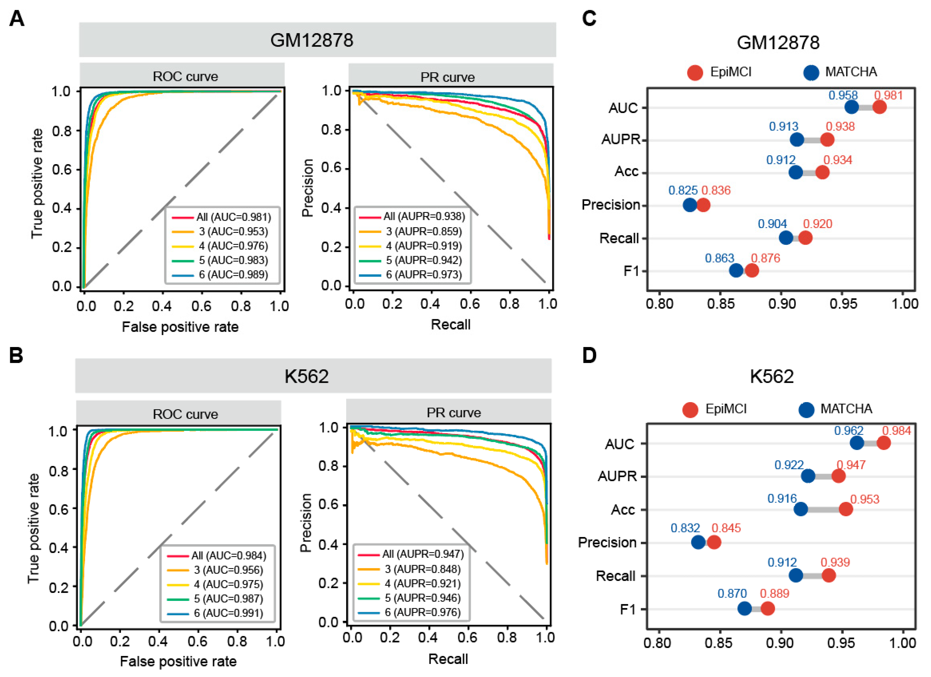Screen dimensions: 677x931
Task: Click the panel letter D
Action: click(x=589, y=356)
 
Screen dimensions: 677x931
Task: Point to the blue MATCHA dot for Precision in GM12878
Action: click(x=690, y=205)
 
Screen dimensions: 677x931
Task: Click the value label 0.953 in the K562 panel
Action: click(x=865, y=499)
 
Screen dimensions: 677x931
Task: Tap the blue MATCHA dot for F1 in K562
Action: click(x=745, y=609)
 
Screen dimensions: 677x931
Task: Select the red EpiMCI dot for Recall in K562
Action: click(x=829, y=576)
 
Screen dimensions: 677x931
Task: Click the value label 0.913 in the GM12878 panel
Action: click(x=784, y=126)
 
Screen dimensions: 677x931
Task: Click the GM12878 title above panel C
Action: click(x=778, y=43)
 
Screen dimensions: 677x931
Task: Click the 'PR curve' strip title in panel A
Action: click(x=447, y=77)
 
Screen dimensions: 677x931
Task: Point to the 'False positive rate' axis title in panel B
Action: click(x=178, y=661)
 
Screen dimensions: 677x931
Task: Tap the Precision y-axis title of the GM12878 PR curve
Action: click(x=308, y=188)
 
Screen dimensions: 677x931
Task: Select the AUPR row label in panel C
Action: click(x=621, y=140)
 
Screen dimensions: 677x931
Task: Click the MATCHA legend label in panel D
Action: click(x=846, y=409)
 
